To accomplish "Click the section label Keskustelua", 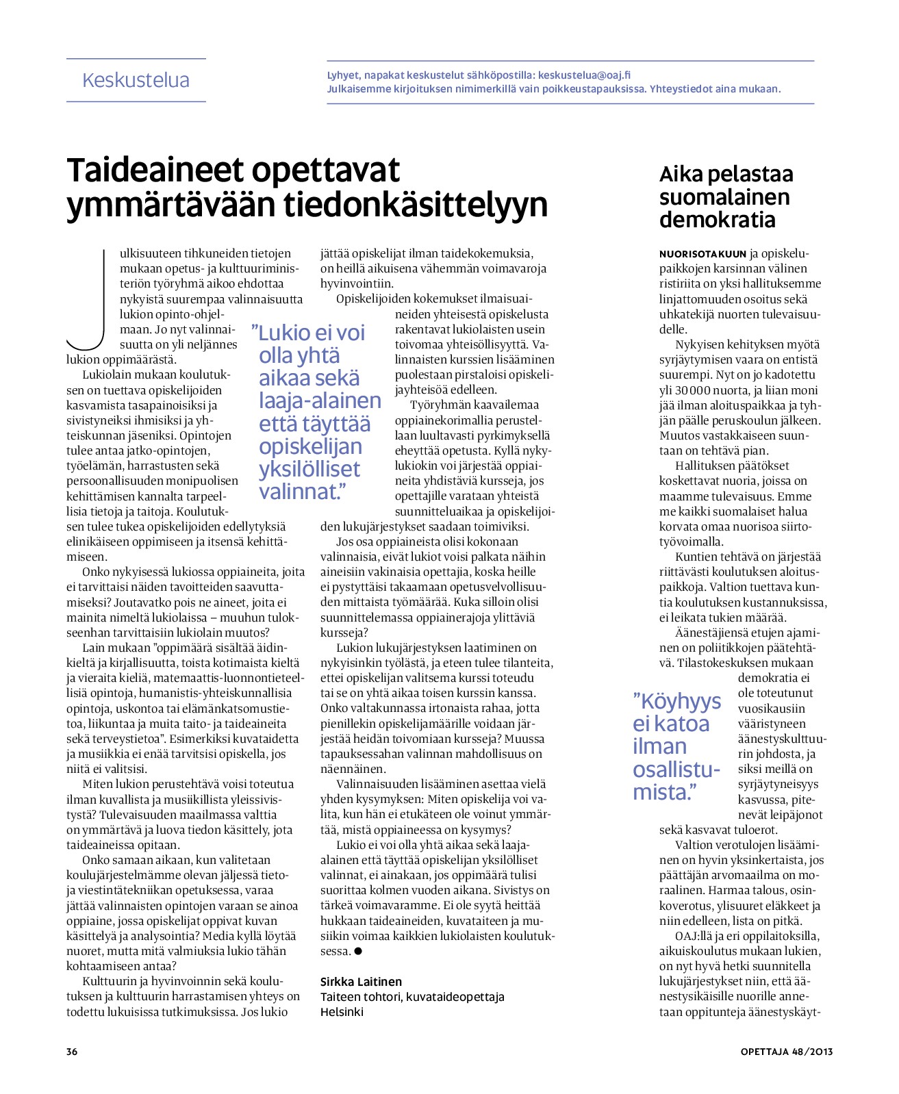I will pos(136,80).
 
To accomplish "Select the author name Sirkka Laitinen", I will pos(361,982).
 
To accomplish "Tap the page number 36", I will pos(72,1052).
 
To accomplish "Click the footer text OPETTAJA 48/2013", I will pos(786,1052).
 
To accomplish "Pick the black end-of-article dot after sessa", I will pos(358,952).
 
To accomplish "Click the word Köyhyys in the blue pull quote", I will pos(677,701).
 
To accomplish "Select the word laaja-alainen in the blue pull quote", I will pos(320,400).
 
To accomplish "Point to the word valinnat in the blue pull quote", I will pos(298,492).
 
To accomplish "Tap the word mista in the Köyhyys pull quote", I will pos(660,792).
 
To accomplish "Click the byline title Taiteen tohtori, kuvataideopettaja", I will pos(412,997).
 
